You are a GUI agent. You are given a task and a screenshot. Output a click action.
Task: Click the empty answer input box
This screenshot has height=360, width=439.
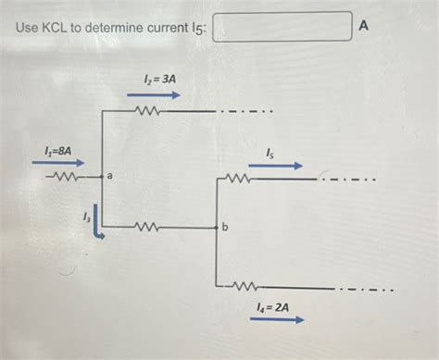click(282, 28)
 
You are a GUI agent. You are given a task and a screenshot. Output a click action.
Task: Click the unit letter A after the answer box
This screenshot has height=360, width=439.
click(364, 28)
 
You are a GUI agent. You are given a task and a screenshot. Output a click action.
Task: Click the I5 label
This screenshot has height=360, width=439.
click(270, 151)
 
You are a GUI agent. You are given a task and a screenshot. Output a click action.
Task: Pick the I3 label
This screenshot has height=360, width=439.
click(86, 217)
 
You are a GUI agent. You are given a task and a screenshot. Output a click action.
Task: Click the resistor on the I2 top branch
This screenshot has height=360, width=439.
click(148, 112)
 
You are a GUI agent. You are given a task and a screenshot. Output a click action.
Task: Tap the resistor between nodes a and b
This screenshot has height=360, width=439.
click(148, 226)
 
